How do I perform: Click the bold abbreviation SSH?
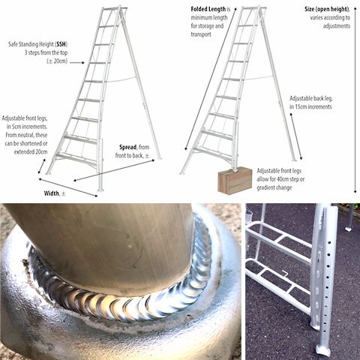(61, 44)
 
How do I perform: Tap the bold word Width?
(52, 193)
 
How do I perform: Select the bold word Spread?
(127, 147)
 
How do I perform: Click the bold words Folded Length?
(208, 9)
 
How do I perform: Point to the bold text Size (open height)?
(326, 9)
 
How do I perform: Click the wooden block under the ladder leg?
(235, 179)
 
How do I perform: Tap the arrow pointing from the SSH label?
(77, 62)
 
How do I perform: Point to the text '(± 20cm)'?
(57, 61)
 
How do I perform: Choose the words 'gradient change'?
(274, 187)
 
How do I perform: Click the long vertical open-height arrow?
(355, 100)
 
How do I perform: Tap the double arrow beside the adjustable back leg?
(296, 136)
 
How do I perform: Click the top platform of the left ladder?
(114, 9)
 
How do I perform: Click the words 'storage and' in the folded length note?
(207, 26)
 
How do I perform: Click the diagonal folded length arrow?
(211, 79)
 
